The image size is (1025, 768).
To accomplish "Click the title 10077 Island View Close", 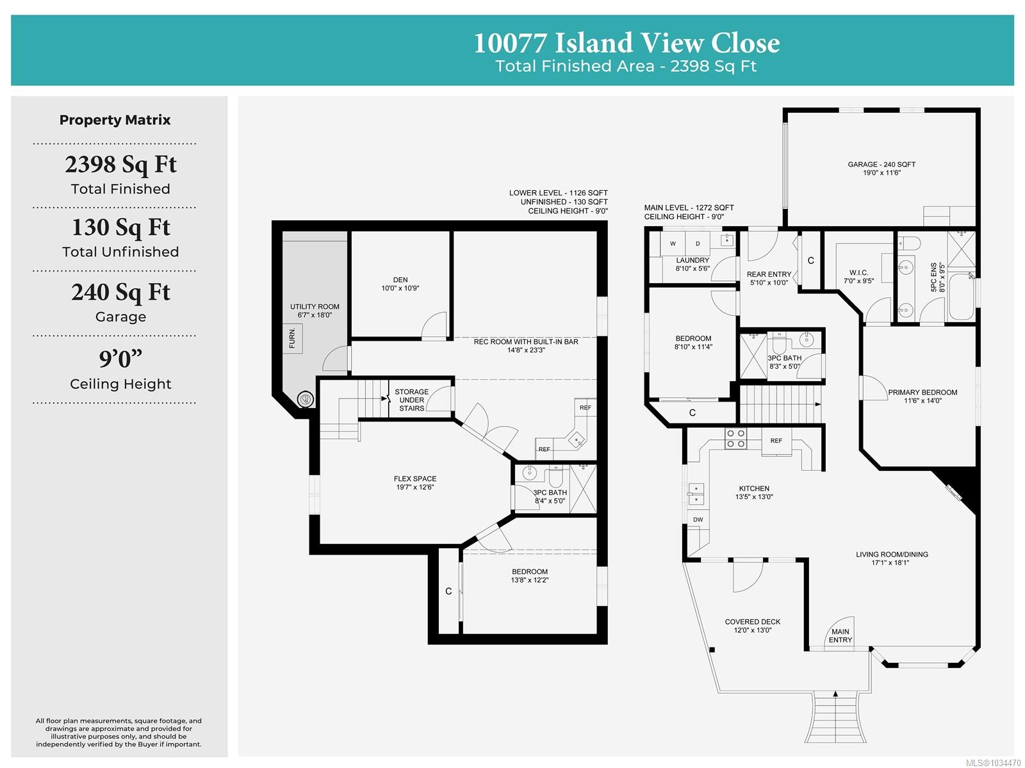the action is click(626, 43).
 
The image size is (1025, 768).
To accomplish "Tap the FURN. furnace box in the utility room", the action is click(292, 338).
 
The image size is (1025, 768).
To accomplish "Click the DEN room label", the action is click(400, 280).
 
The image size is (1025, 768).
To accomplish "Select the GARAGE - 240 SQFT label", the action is click(881, 165).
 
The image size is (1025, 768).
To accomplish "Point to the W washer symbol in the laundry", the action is click(673, 243).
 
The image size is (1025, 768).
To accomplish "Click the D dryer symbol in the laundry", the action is click(698, 243).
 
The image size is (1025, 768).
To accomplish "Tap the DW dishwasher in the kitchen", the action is click(698, 519).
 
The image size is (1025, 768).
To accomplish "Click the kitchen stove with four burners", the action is click(735, 439).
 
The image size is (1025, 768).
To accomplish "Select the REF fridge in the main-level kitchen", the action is click(776, 441).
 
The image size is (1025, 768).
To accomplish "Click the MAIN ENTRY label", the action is click(840, 635).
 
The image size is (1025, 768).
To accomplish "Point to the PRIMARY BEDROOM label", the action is click(922, 392).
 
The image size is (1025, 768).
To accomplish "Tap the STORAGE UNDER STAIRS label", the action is click(411, 400).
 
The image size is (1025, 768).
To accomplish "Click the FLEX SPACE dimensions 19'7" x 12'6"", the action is click(414, 487).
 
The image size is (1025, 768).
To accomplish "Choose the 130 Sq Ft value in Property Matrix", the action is click(120, 227).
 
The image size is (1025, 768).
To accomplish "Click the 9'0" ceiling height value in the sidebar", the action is click(120, 359).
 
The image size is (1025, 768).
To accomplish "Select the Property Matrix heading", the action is click(115, 120).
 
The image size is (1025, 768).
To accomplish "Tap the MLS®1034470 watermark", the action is click(993, 763).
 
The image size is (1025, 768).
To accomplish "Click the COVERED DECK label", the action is click(752, 622).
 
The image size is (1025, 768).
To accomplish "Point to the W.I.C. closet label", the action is click(859, 273).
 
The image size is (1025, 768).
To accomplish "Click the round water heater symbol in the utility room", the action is click(306, 398).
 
